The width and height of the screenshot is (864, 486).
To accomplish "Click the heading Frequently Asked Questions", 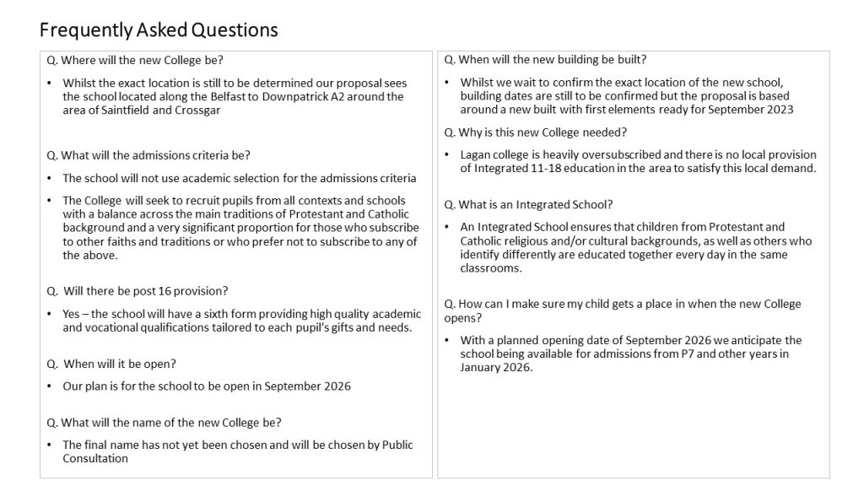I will click(159, 30).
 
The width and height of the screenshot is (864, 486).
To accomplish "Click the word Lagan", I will click(478, 154).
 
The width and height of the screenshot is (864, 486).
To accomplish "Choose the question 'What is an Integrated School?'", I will click(529, 205).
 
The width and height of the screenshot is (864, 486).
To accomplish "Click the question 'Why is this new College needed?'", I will click(536, 132).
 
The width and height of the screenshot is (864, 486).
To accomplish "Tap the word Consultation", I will click(95, 458).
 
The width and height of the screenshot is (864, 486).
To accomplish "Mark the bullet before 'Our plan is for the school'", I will click(51, 386).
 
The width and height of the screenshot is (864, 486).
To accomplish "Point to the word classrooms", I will click(491, 268).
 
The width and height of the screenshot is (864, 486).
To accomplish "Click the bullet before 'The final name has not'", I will click(51, 445).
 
